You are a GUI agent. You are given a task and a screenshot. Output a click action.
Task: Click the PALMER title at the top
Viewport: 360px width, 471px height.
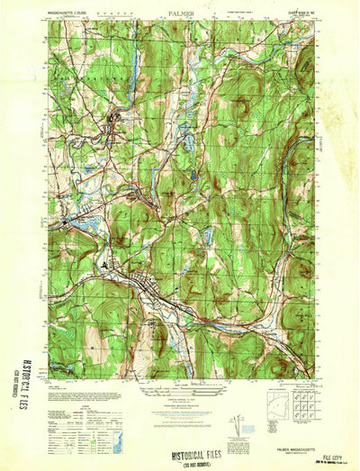[x=179, y=14]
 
